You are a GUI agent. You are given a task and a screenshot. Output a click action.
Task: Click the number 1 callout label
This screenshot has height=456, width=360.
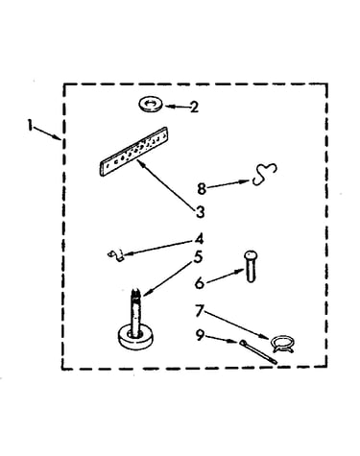click(x=30, y=125)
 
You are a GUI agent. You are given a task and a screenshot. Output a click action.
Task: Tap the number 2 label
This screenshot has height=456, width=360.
click(x=194, y=107)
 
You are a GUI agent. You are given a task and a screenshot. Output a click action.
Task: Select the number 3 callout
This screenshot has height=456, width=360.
click(x=200, y=212)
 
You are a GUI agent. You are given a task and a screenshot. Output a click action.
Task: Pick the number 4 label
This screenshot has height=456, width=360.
click(x=199, y=239)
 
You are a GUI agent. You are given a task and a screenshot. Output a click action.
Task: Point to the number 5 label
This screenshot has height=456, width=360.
click(x=199, y=257)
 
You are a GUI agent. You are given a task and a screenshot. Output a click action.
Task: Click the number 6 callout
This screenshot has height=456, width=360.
click(x=200, y=283)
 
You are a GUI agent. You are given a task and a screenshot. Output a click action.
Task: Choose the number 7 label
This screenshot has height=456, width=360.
click(x=200, y=311)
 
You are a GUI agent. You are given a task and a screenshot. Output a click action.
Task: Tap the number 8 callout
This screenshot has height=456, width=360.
click(x=202, y=188)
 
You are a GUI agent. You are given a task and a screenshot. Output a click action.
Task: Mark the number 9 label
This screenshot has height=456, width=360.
click(x=200, y=335)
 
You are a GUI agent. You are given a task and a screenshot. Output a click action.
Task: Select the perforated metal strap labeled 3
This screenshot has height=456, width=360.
click(x=133, y=151)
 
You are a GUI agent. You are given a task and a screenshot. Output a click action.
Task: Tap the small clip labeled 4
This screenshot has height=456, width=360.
click(x=116, y=255)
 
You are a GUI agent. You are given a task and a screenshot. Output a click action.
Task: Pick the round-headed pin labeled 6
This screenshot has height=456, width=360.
click(x=251, y=266)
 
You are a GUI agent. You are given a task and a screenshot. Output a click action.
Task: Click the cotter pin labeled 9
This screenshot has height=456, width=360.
click(x=257, y=351)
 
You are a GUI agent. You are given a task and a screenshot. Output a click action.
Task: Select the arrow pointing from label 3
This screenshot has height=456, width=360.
click(x=166, y=184)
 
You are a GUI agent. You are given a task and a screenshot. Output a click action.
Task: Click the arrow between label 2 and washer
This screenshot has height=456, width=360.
click(x=177, y=107)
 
